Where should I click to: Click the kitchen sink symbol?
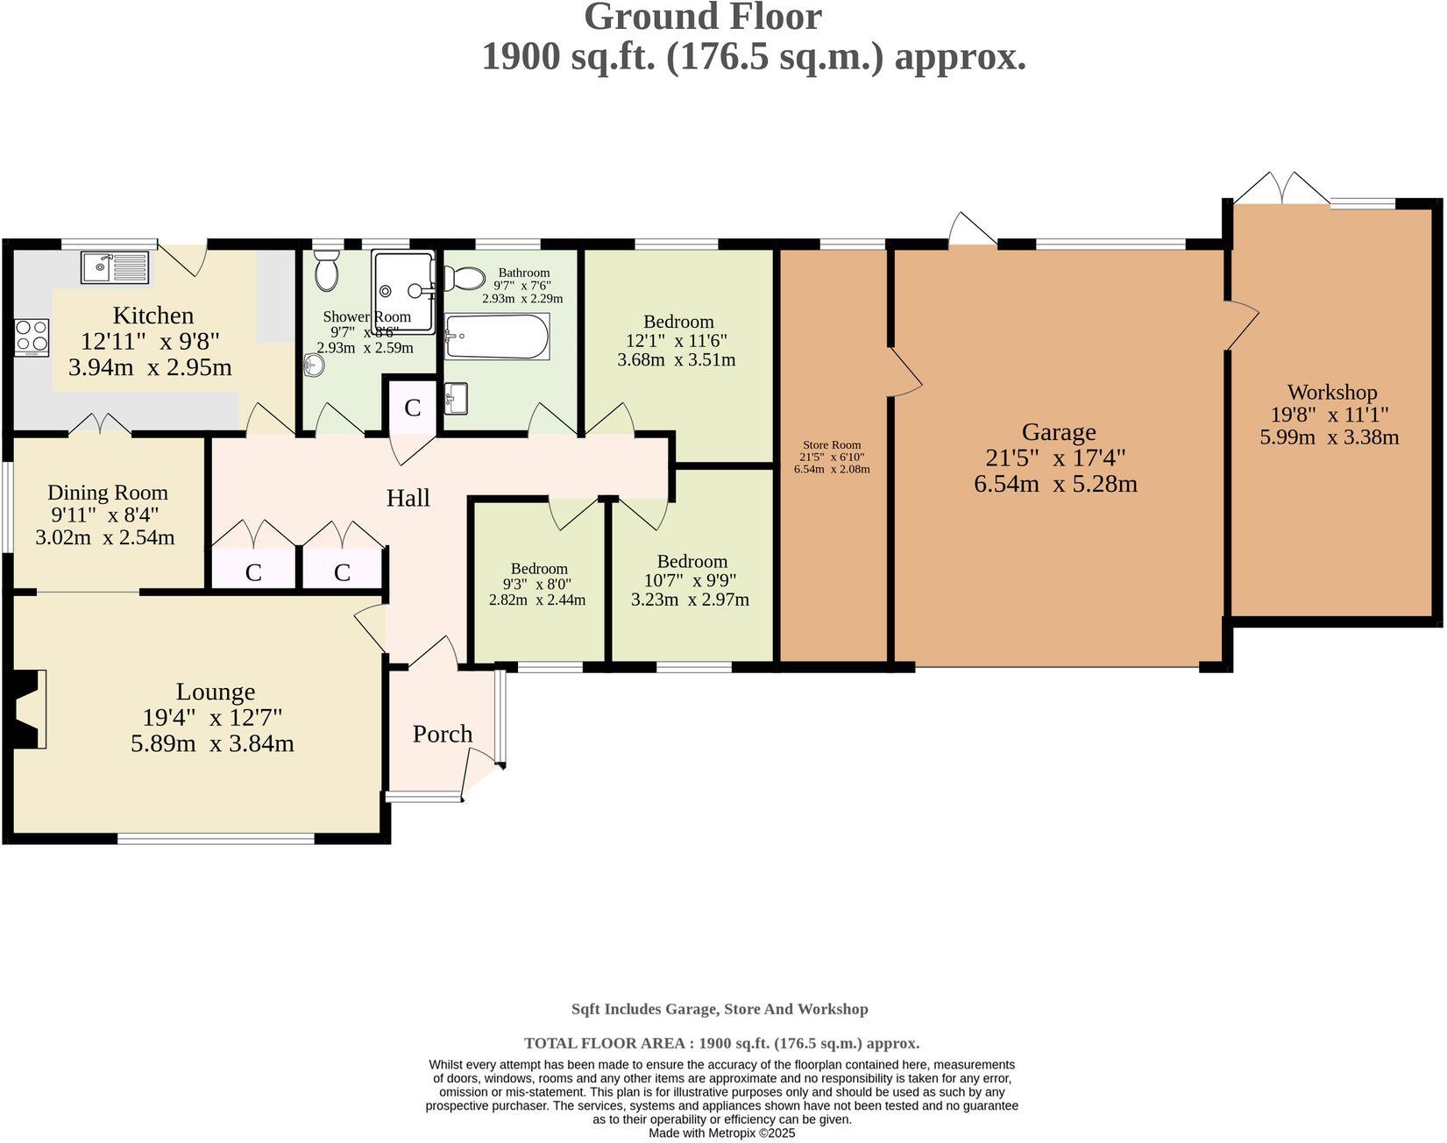coord(116,266)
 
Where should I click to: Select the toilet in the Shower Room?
coord(326,271)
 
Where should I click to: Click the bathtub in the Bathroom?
coord(497,337)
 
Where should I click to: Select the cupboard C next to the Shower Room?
coord(412,407)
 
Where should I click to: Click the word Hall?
coord(408,498)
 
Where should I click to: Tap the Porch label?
coord(443,734)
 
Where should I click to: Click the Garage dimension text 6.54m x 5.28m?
coord(1055,483)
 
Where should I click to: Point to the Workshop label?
coord(1331,392)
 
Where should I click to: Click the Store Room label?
coord(832,444)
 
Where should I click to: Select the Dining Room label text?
coord(107,493)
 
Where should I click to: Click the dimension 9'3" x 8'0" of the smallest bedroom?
coord(537,584)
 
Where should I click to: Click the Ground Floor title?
coord(702,18)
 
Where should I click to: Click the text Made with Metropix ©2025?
coord(721,1133)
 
